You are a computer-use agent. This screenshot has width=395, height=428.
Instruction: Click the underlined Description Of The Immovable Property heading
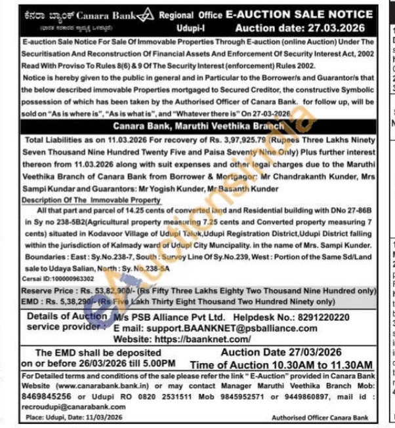click(90, 199)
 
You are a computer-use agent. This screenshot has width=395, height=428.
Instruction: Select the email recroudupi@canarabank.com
click(60, 406)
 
